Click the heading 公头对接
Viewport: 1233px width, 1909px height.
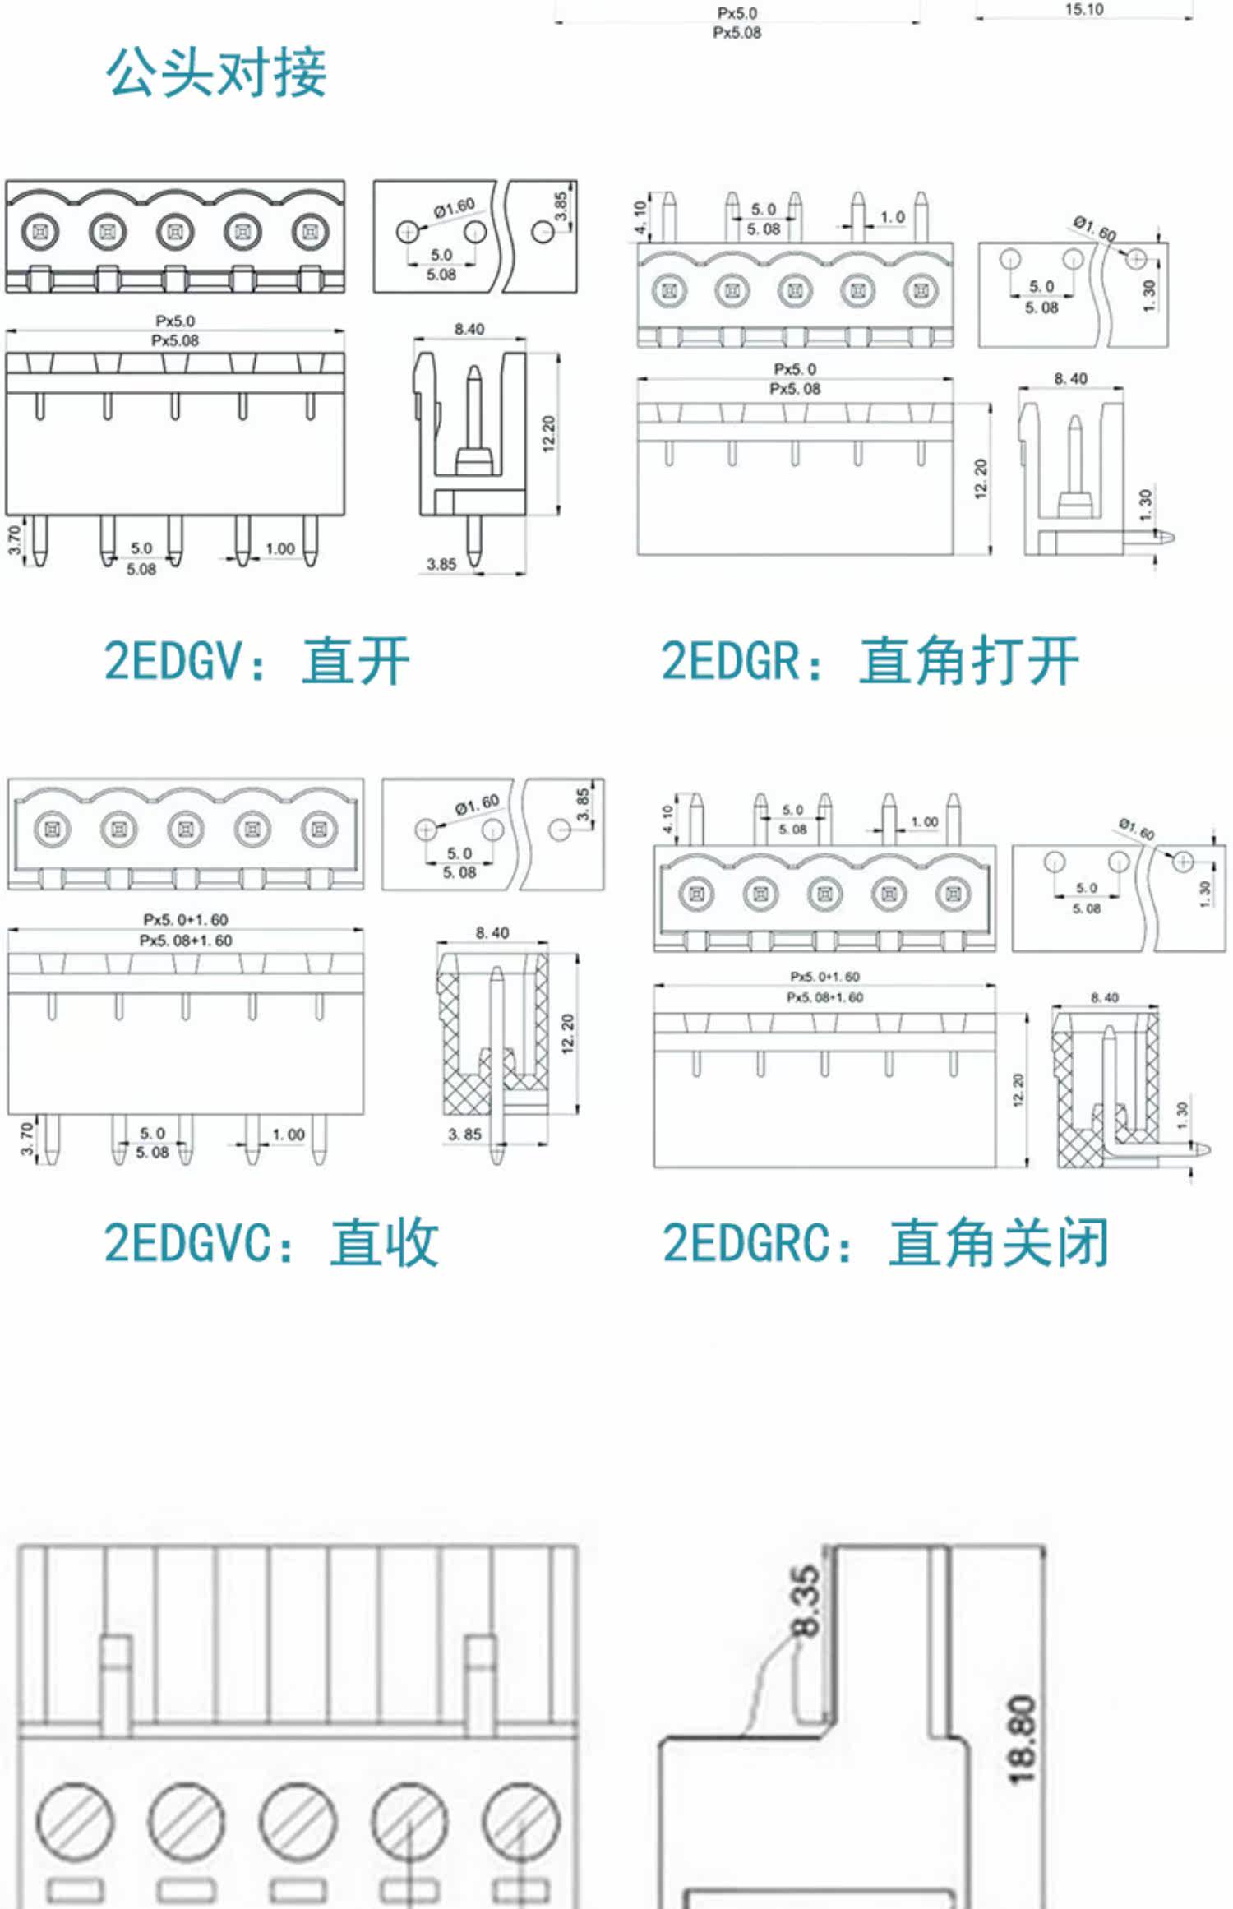pos(216,72)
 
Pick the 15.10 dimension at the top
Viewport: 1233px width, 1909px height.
pos(1083,10)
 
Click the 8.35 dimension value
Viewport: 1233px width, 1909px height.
pos(805,1601)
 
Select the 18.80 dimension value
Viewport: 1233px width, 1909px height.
pos(1022,1740)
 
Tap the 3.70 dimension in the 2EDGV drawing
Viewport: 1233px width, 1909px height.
pos(15,540)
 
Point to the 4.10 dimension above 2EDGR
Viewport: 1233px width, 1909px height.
pos(640,217)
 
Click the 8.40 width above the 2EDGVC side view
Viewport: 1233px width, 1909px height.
pos(492,932)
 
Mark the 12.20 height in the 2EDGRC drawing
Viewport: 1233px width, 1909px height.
pos(1018,1090)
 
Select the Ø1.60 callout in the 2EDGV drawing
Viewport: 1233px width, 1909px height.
pos(454,207)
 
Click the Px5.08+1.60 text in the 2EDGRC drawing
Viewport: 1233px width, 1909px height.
pos(824,997)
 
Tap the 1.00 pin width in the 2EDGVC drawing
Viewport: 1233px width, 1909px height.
pos(289,1135)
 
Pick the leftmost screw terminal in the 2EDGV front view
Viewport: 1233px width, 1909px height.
pos(40,231)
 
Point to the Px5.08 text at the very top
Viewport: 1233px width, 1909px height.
pos(737,33)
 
